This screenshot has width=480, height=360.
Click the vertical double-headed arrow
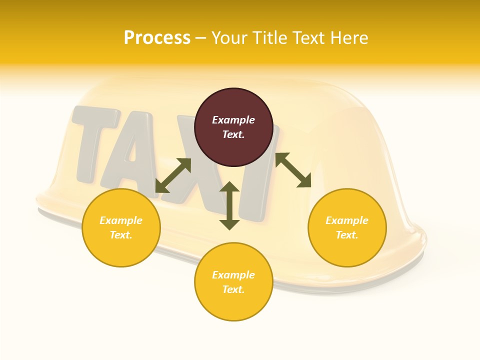[x=229, y=206]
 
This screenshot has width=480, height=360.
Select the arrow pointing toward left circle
[x=173, y=175]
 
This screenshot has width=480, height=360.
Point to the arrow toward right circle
[x=293, y=170]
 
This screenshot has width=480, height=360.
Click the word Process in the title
[x=157, y=38]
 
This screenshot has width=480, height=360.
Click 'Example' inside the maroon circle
[x=233, y=120]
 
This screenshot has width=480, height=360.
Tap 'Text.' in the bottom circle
[x=233, y=289]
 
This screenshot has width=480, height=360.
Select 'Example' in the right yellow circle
[x=347, y=220]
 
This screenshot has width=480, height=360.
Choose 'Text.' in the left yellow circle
[x=121, y=235]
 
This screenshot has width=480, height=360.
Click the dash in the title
[x=201, y=38]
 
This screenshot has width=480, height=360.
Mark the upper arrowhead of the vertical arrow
[x=229, y=187]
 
